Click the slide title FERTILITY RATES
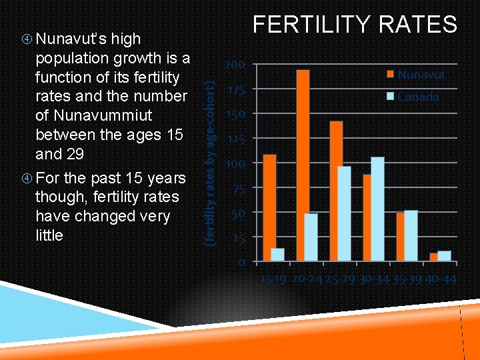point(355,25)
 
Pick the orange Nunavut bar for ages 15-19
point(269,207)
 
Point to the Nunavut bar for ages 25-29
point(336,191)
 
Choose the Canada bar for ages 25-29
point(344,213)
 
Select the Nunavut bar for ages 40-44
point(433,257)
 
